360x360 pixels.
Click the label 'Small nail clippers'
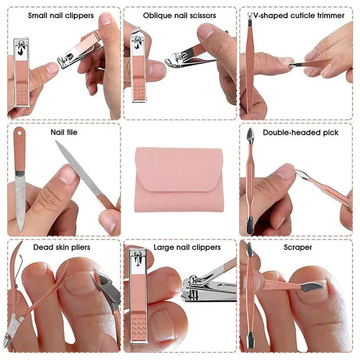tap(61, 16)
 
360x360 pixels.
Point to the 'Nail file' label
tap(64, 132)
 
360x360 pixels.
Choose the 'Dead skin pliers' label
tap(62, 247)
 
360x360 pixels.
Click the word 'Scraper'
tap(298, 247)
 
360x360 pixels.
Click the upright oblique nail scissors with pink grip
tap(139, 66)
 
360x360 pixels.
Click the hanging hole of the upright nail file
tap(19, 133)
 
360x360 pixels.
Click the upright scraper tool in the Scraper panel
tap(250, 298)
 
